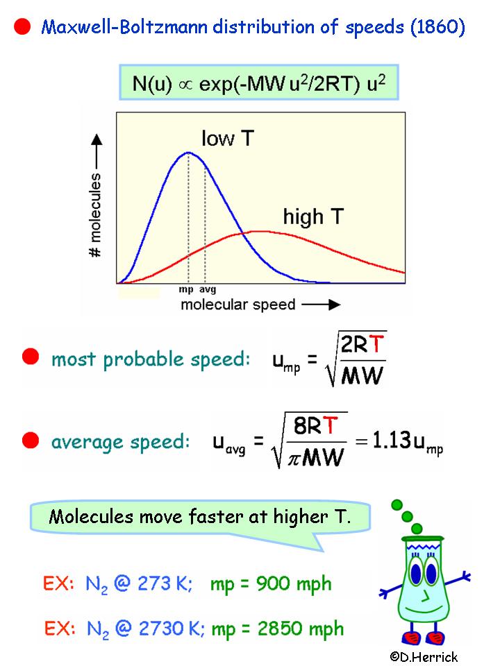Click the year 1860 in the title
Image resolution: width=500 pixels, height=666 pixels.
tap(436, 28)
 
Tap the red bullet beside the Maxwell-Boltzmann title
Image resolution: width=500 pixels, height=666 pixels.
tap(22, 27)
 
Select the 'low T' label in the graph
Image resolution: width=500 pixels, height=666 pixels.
tap(228, 138)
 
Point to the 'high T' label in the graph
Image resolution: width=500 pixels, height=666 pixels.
tap(312, 216)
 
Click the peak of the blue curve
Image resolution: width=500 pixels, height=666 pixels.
tap(188, 153)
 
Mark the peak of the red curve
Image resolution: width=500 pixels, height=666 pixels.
tap(257, 231)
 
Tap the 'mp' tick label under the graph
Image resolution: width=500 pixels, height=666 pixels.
tap(186, 290)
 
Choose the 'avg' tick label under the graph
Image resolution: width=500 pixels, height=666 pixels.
tap(206, 290)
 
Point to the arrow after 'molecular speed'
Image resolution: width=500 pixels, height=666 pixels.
tap(321, 305)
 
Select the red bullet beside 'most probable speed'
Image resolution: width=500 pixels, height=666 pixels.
tap(30, 357)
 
